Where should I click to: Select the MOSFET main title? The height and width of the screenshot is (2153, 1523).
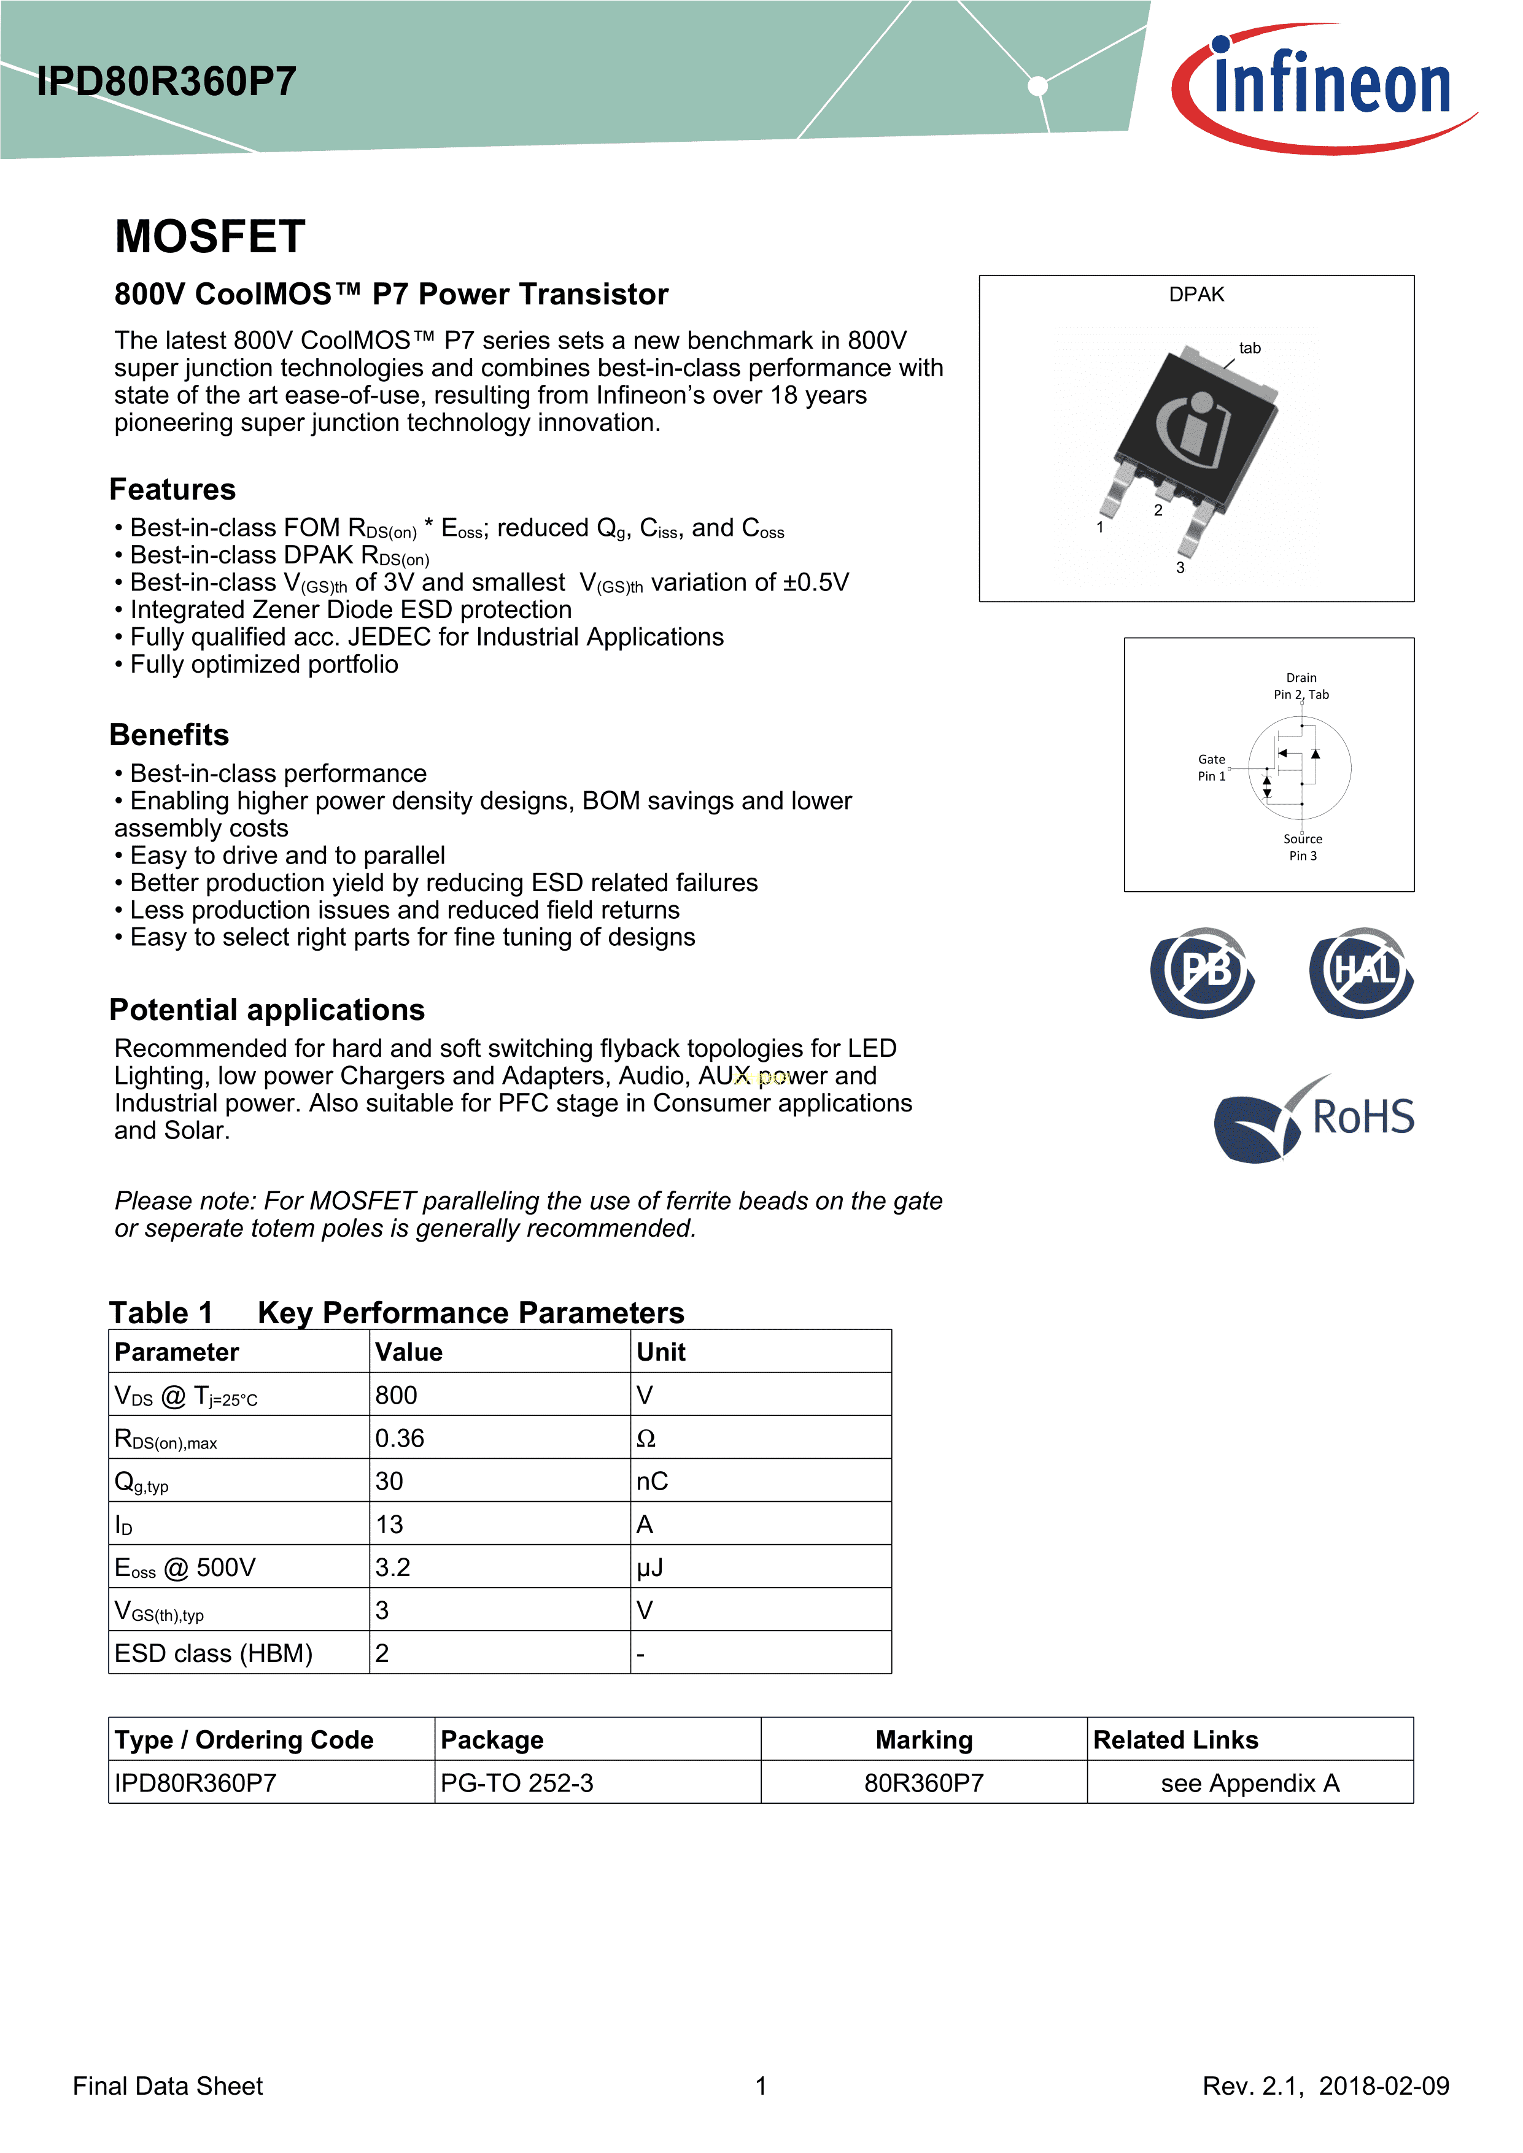tap(210, 236)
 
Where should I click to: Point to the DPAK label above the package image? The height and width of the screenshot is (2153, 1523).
tap(1196, 295)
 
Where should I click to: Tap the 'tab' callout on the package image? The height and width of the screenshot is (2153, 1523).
tap(1249, 348)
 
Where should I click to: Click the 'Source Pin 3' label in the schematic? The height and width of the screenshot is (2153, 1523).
tap(1303, 847)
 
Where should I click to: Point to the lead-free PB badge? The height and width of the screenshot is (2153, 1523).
tap(1203, 972)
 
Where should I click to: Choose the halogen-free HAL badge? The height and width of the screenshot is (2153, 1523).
tap(1362, 972)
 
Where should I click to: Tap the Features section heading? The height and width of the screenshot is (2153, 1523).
tap(172, 490)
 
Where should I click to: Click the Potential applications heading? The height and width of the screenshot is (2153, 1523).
tap(267, 1010)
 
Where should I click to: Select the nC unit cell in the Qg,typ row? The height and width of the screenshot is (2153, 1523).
tap(652, 1481)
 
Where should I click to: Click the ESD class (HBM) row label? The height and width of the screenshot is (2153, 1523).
tap(214, 1653)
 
